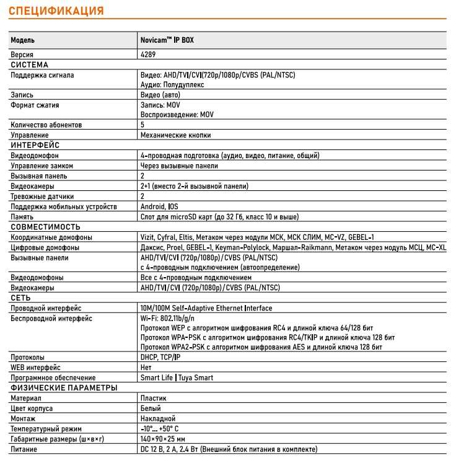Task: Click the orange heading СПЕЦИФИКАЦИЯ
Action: point(56,11)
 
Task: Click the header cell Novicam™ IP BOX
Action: point(167,40)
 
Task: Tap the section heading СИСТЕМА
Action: point(29,64)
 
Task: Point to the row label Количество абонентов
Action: point(46,125)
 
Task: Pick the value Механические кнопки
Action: point(175,135)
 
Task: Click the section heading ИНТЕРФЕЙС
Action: point(35,144)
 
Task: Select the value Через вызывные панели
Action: point(178,166)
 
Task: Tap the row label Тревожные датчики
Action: point(42,196)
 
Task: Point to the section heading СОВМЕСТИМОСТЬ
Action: point(46,227)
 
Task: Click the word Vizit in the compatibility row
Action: point(148,237)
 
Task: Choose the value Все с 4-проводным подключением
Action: point(196,277)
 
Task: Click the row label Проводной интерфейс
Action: point(46,307)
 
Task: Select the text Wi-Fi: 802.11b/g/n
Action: point(171,318)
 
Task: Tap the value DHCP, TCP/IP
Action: point(160,357)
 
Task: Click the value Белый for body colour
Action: point(151,409)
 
